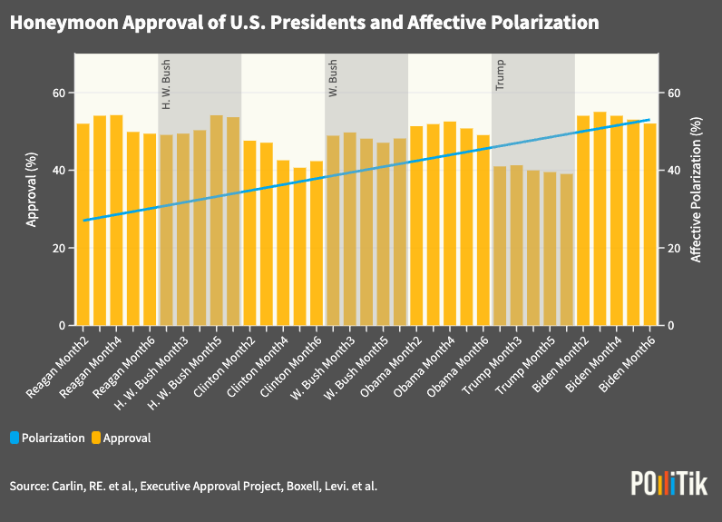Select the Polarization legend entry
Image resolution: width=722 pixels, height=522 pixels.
[47, 438]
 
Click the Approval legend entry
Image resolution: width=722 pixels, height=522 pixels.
[121, 438]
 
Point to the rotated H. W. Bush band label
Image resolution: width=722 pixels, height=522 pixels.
[166, 85]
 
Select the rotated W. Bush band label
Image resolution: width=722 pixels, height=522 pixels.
[333, 78]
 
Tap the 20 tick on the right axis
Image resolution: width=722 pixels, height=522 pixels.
[673, 248]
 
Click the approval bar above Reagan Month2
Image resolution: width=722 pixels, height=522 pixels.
[83, 224]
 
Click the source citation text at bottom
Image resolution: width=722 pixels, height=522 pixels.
[193, 487]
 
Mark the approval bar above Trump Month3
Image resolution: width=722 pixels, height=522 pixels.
[517, 245]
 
